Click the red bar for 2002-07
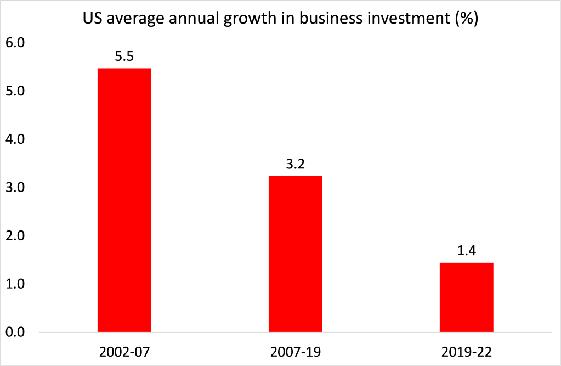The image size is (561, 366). point(124,200)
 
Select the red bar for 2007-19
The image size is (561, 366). point(295,254)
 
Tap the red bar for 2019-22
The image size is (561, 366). point(466,297)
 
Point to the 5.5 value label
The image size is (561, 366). point(124,57)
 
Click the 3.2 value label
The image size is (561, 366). point(295,164)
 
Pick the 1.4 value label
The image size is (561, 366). point(466,251)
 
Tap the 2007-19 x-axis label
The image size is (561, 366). point(295,350)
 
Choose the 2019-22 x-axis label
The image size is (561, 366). point(466,350)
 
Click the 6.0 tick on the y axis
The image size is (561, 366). point(16,43)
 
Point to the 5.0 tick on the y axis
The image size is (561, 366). point(16,91)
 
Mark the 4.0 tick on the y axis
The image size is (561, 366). point(16,139)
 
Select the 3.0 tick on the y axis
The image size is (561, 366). point(16,188)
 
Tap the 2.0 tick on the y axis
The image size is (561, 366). point(16,236)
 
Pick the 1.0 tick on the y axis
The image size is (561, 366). point(16,284)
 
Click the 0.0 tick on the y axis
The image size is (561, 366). point(16,332)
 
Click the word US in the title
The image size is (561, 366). point(91,20)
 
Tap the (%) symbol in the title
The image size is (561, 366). point(464,20)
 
